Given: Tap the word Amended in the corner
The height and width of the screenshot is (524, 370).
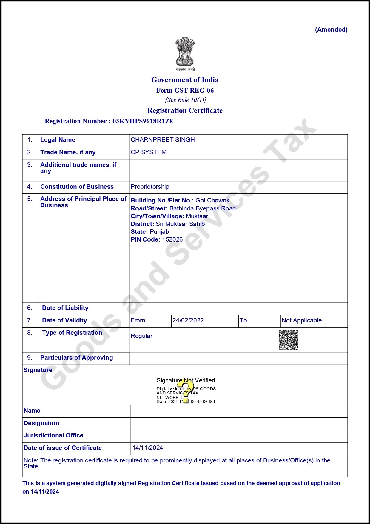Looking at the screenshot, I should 331,30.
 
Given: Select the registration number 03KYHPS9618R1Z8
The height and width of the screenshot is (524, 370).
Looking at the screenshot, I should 143,121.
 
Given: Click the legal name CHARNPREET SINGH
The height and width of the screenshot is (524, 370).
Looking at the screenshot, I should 163,140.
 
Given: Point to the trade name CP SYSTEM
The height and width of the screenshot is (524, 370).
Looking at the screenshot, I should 149,152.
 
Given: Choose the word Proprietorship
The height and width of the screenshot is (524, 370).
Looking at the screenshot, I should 150,187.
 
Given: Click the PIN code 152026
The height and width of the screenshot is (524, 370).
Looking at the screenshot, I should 172,239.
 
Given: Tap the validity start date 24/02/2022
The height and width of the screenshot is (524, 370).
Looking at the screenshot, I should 188,320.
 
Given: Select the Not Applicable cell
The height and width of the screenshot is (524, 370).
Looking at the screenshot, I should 302,320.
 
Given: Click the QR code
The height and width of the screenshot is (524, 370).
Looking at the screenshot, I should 289,340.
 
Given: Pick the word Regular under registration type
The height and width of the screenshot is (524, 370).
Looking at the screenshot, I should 141,336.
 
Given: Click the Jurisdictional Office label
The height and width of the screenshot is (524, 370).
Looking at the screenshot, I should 53,435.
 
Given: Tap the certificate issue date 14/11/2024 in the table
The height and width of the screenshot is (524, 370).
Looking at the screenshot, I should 148,448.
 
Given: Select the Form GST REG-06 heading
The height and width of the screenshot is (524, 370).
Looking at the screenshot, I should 185,90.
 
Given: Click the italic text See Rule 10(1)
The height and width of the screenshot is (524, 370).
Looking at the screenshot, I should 186,100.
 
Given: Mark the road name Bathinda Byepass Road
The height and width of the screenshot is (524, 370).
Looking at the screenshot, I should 202,208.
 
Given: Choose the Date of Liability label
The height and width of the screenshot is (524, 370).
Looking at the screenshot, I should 65,308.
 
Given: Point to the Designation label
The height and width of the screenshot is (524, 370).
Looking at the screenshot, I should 41,423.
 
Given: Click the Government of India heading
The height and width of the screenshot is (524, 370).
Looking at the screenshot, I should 185,80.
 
